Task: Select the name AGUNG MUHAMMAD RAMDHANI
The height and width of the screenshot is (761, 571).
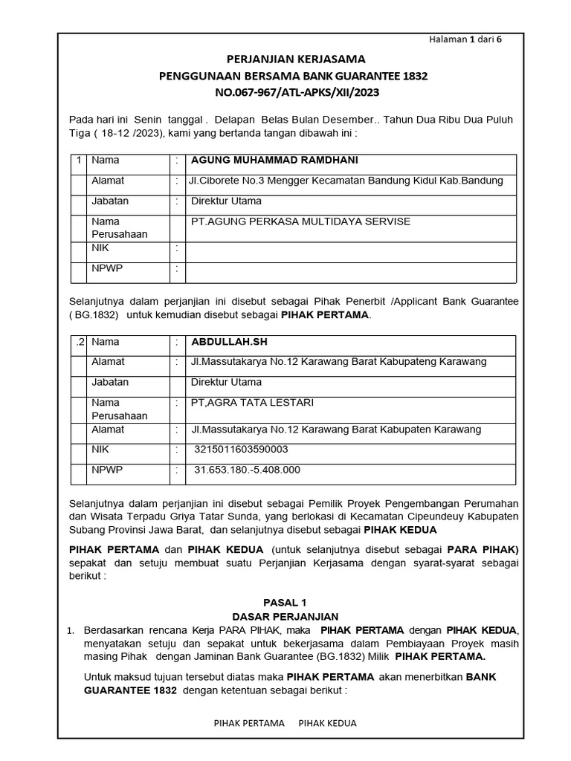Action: click(x=274, y=161)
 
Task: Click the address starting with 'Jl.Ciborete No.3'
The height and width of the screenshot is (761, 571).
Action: click(x=345, y=181)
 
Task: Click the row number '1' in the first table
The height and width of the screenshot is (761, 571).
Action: click(x=79, y=161)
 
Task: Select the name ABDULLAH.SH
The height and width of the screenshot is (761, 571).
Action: click(x=228, y=342)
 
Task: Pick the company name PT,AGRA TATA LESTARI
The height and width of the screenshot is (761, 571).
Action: click(x=253, y=403)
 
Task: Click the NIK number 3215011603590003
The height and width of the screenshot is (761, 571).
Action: click(x=241, y=450)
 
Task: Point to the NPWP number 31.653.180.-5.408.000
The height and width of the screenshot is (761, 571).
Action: click(x=247, y=470)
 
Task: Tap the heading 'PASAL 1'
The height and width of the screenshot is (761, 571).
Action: click(x=285, y=603)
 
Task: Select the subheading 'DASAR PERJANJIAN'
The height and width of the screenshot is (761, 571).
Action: click(x=285, y=617)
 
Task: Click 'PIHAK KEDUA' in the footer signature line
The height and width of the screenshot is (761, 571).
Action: click(x=327, y=722)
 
